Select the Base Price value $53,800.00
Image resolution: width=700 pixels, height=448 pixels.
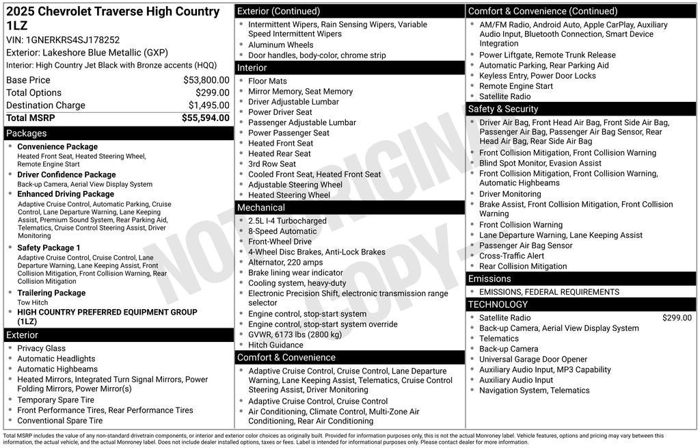click(206, 80)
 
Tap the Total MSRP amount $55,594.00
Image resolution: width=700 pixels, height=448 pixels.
click(205, 118)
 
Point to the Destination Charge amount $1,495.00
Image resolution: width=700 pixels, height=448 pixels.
click(208, 105)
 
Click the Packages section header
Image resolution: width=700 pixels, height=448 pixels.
click(27, 133)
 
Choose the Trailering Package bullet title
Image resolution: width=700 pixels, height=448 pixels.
click(51, 293)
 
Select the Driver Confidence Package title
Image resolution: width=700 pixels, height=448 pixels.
click(66, 174)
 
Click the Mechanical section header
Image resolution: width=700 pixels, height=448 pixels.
click(262, 207)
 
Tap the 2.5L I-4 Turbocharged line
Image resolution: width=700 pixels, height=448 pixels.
click(287, 221)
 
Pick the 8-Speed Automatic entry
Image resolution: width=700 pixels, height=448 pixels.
click(282, 231)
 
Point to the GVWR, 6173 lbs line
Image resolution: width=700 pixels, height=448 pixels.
click(295, 334)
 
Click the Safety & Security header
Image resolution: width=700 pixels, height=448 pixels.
click(503, 109)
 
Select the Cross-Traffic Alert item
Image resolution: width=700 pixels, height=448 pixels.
click(511, 256)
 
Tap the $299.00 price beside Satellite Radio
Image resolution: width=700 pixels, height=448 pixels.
click(677, 317)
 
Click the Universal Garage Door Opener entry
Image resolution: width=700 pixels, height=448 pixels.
click(533, 359)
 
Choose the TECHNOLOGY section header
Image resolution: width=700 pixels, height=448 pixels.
click(498, 304)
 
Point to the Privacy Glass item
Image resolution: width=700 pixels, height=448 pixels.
click(42, 348)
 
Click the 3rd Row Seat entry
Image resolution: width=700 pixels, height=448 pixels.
click(272, 164)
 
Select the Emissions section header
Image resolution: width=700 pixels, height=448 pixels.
click(489, 278)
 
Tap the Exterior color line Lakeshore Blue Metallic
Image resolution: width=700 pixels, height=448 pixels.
click(87, 53)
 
